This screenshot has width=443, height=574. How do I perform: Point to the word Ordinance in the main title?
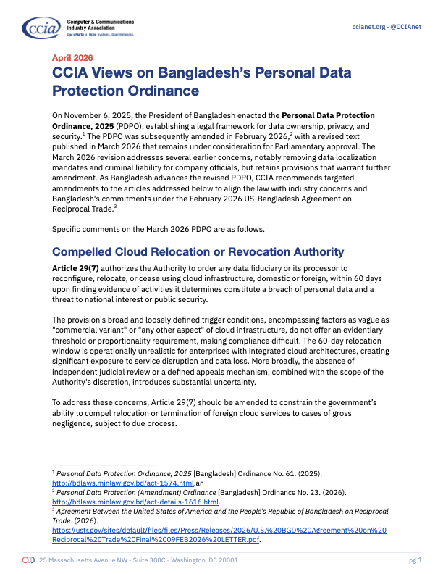coord(164,91)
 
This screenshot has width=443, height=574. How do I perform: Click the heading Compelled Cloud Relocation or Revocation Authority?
coord(198,252)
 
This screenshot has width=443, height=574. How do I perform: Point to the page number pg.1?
coord(415,560)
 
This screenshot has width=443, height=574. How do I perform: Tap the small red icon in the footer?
coord(28,560)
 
